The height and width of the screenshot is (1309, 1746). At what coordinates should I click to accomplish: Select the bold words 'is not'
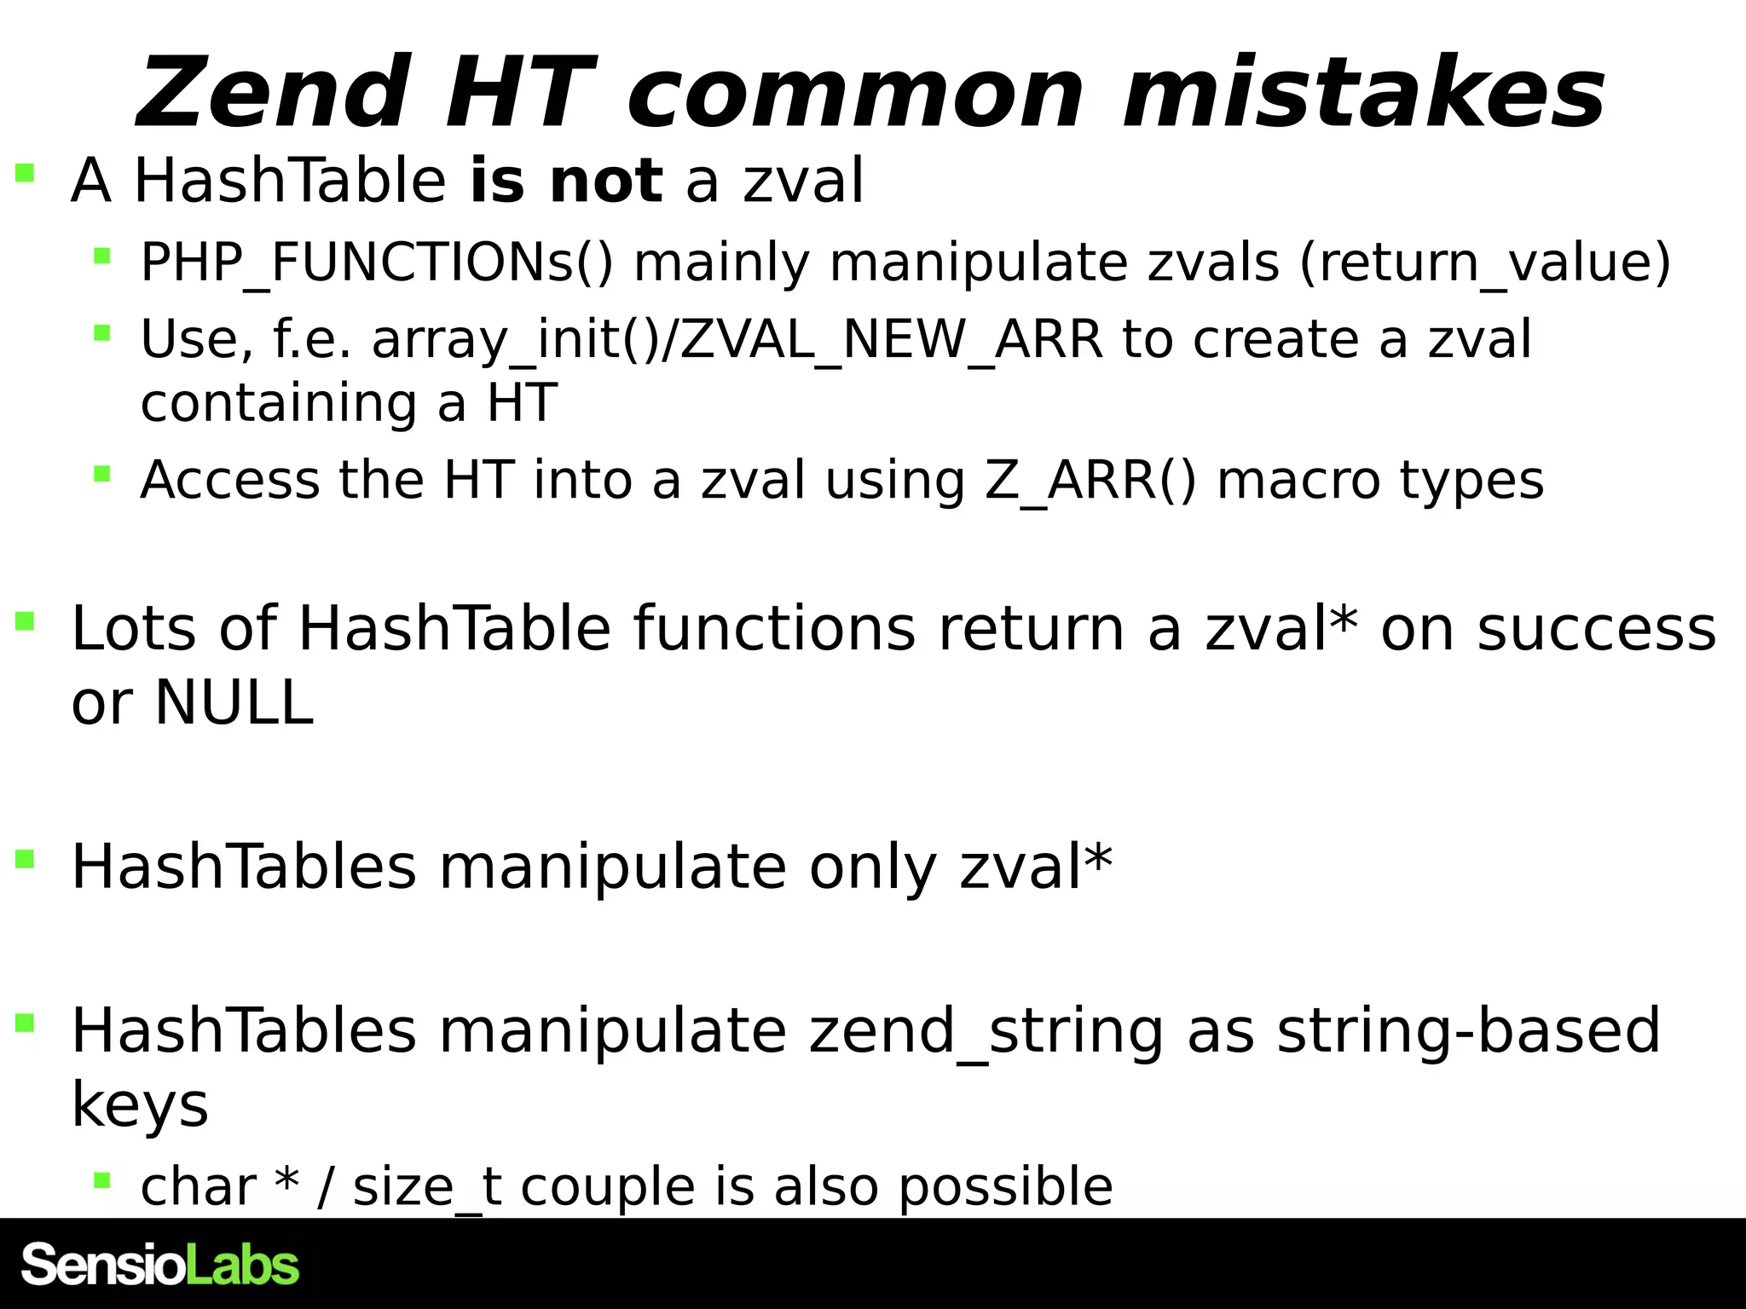tap(565, 181)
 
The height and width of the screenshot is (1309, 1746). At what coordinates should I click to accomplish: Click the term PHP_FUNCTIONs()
tap(377, 262)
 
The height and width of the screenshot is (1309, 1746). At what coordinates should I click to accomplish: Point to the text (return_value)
tap(1484, 262)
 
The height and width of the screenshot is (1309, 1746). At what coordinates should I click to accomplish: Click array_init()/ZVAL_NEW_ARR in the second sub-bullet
tap(737, 339)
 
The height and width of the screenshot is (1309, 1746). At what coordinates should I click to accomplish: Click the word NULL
tap(234, 703)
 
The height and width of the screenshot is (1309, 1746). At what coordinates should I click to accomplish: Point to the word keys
tap(140, 1105)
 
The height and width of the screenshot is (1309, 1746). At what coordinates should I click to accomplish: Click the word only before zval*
tap(873, 868)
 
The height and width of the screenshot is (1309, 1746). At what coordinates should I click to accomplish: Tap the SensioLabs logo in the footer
tap(160, 1265)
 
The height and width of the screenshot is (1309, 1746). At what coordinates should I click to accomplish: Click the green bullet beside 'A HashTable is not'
tap(25, 174)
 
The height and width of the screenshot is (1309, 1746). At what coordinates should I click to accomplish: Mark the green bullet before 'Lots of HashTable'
tap(25, 621)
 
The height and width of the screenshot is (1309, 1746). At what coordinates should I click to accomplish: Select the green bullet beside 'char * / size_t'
tap(102, 1180)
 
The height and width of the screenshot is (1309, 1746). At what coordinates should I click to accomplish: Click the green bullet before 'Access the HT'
tap(102, 473)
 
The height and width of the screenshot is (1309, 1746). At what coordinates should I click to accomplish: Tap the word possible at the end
tap(1006, 1186)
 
